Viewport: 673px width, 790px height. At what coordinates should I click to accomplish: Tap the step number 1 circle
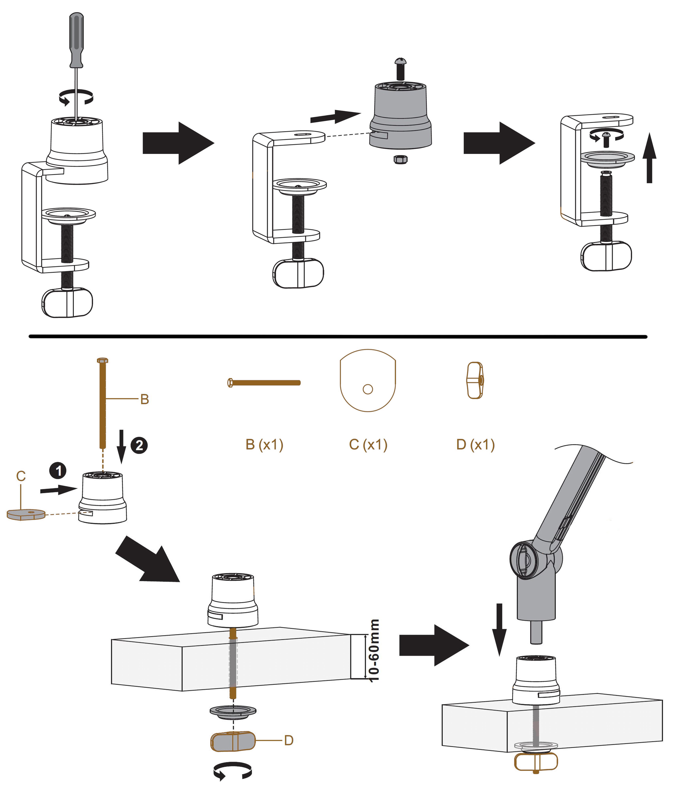pos(58,470)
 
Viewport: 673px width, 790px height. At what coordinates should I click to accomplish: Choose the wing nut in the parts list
pos(475,381)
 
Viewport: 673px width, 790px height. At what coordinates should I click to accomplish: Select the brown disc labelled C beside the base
pos(26,515)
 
